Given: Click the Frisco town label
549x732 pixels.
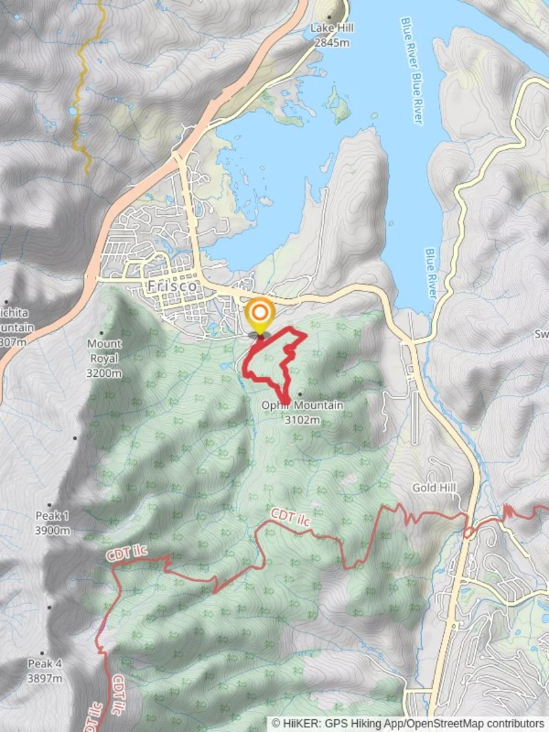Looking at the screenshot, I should [172, 287].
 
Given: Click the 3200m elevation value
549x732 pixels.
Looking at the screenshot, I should [104, 373].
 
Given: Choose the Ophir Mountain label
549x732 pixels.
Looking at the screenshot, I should [302, 405].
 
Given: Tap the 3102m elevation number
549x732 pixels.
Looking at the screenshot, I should [302, 420].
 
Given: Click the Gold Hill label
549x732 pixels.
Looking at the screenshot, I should [434, 488].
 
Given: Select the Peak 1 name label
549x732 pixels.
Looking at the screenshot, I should [52, 516].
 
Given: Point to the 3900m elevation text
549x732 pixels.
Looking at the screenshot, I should [52, 530].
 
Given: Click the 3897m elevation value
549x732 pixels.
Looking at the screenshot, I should [45, 678].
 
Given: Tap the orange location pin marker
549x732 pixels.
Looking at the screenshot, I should [260, 315].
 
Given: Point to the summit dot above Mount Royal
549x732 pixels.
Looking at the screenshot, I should [102, 333].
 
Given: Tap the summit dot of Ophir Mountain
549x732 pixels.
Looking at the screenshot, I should [299, 394].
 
